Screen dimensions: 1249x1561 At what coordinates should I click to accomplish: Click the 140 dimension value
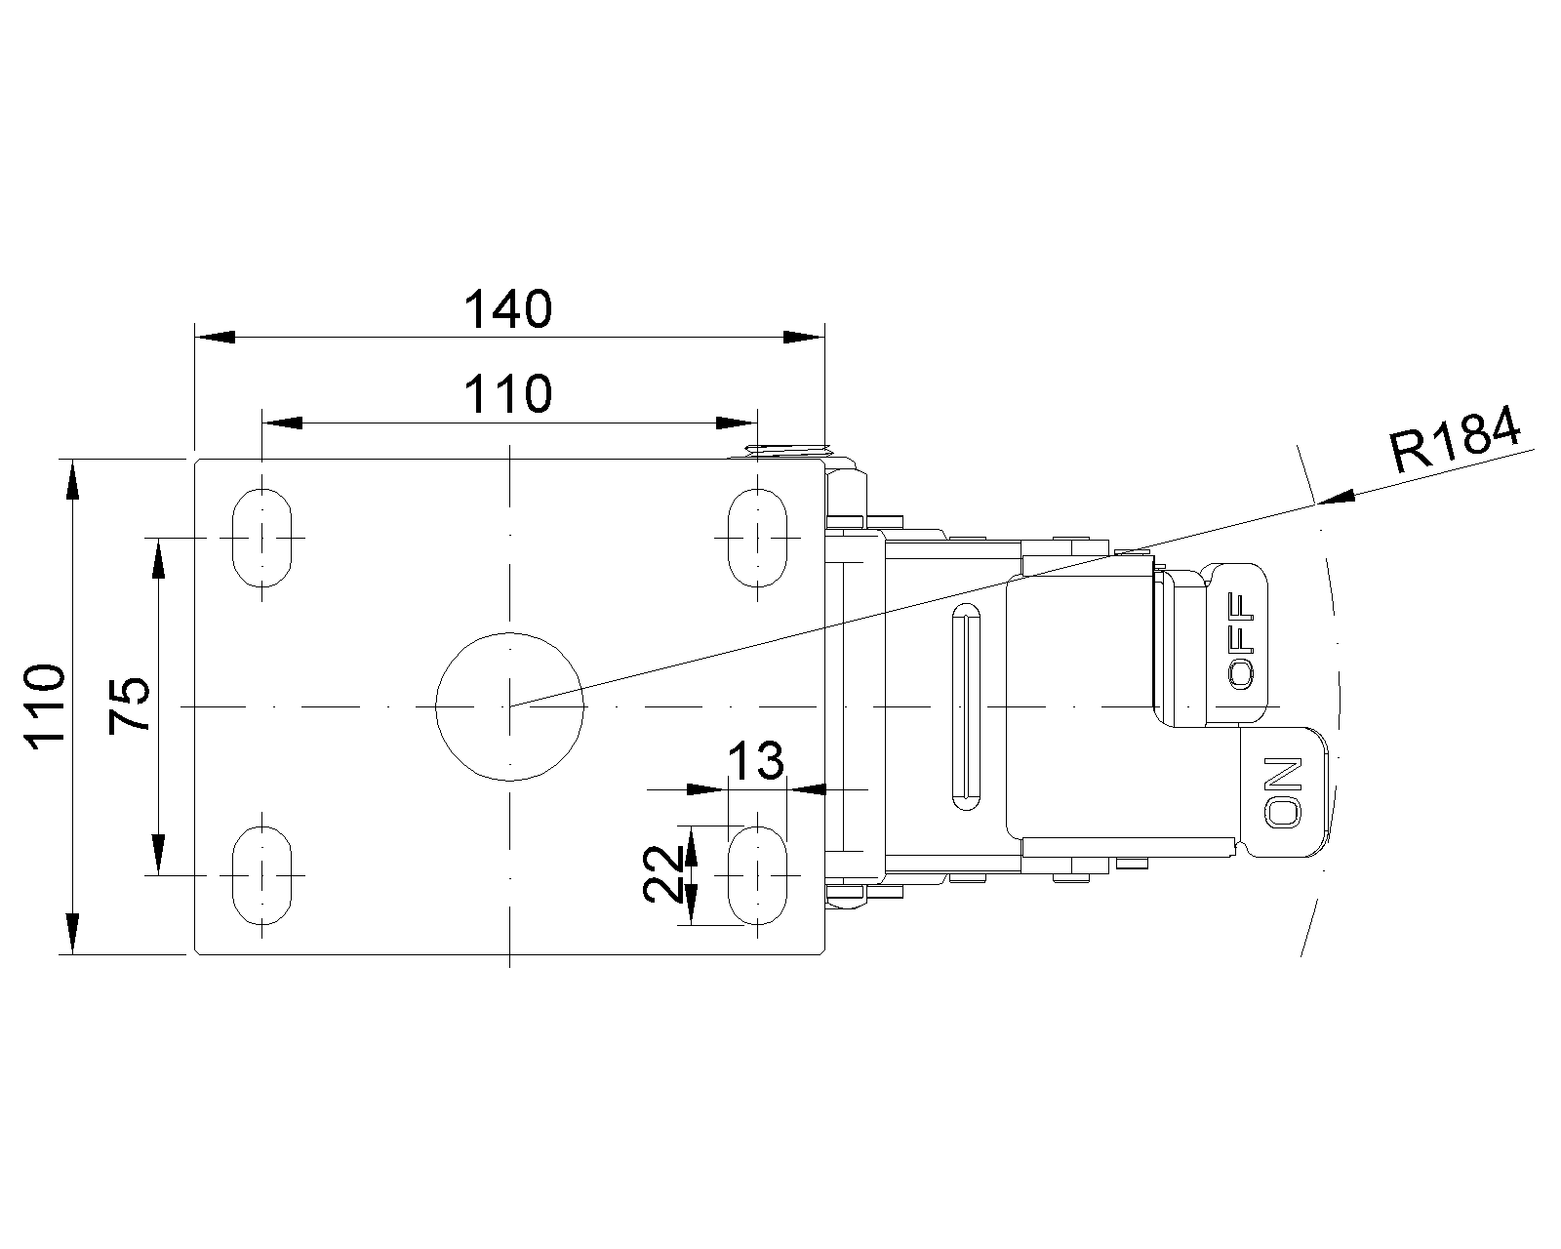coord(507,310)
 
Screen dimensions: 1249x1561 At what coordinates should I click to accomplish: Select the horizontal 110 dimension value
coord(507,395)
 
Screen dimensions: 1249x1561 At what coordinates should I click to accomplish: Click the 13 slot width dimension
coord(756,761)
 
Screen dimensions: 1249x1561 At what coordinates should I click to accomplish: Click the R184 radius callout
coord(1455,441)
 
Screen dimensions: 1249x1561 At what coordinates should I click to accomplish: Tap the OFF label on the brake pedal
coord(1241,642)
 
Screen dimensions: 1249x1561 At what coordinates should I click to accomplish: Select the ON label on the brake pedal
coord(1284,791)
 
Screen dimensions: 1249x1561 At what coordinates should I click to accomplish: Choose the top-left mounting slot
coord(261,537)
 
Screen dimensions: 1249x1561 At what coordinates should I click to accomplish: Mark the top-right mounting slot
coord(757,537)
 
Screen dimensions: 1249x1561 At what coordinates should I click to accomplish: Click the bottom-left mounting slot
coord(261,875)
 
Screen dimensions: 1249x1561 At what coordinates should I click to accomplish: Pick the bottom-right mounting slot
coord(757,875)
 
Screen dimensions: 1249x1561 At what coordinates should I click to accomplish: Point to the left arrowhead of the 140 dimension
coord(215,337)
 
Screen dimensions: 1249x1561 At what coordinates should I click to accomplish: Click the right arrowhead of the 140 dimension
coord(804,337)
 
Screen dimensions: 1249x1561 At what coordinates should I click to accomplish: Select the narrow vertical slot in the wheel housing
coord(966,706)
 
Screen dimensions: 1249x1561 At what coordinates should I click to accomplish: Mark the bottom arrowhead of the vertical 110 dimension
coord(71,932)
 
